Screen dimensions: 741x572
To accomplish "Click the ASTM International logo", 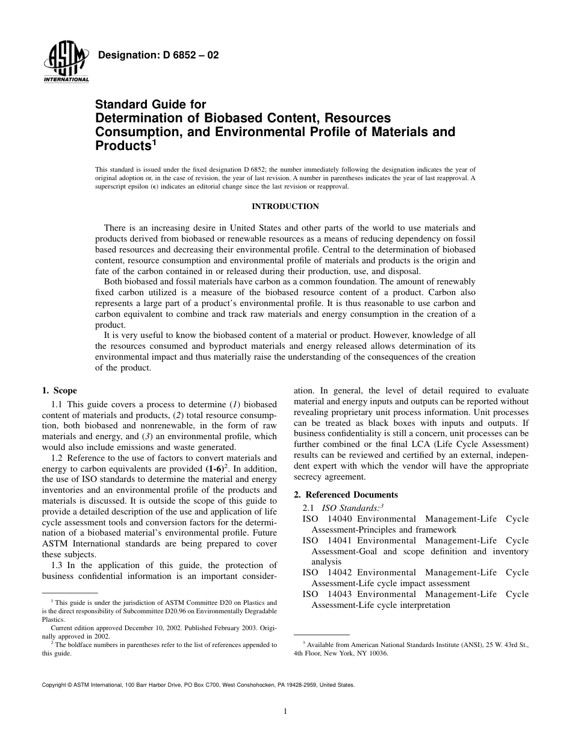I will click(x=66, y=63).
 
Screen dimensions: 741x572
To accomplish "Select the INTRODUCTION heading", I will click(x=285, y=207).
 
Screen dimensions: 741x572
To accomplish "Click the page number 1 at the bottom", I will click(x=285, y=711).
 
